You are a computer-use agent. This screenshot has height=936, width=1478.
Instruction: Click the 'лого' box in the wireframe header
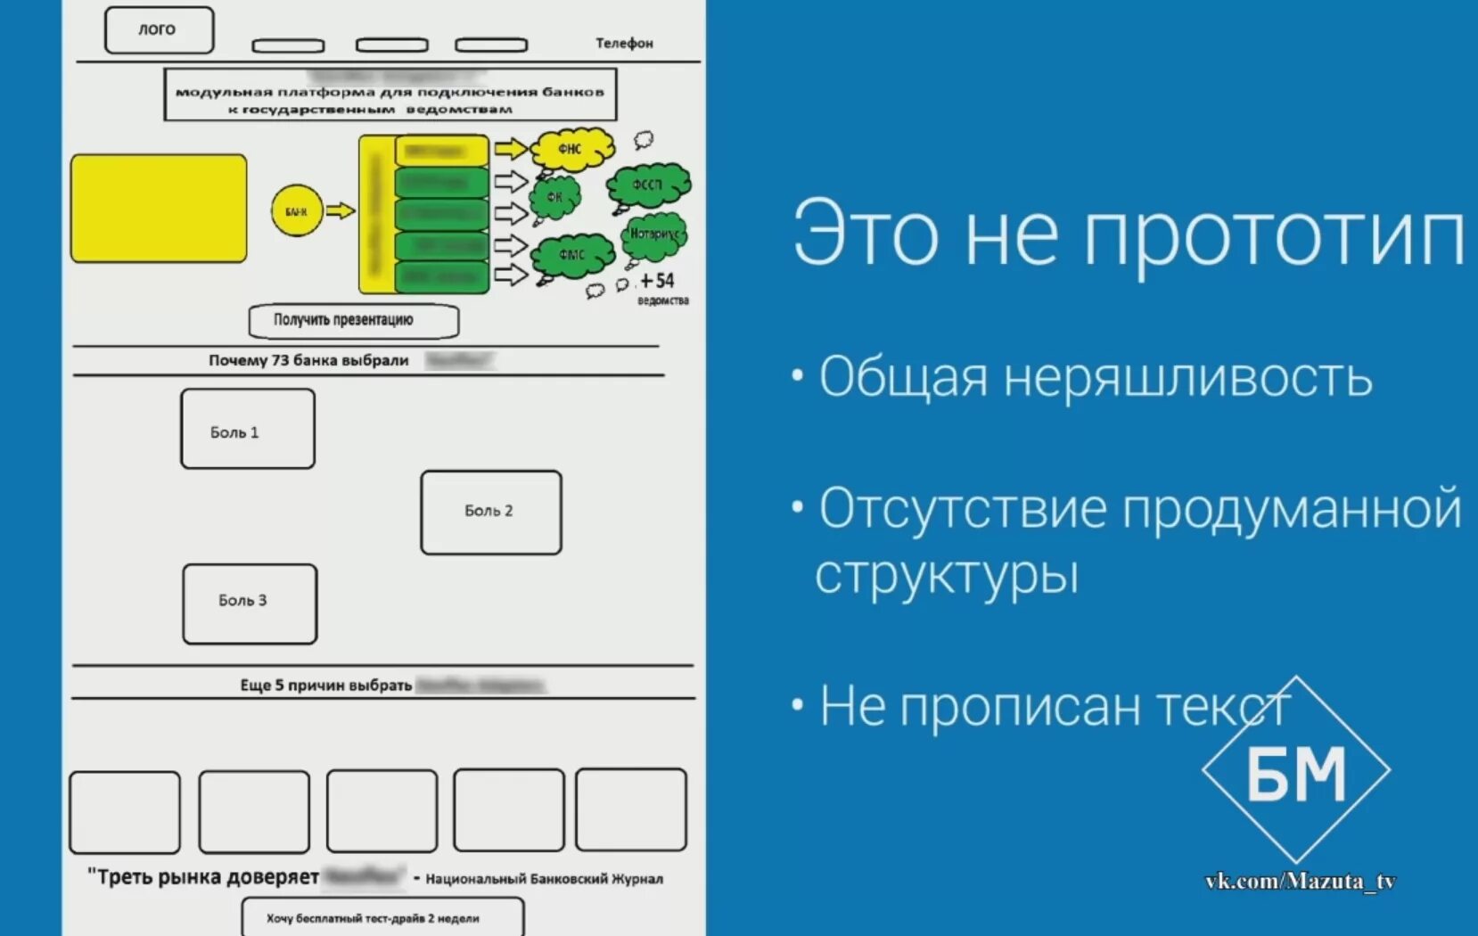(x=159, y=29)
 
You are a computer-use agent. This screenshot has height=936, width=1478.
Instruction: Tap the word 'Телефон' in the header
(x=624, y=43)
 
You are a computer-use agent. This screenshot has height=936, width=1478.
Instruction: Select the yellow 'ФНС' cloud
(x=572, y=149)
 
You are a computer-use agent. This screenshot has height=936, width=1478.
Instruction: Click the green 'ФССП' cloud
(x=648, y=185)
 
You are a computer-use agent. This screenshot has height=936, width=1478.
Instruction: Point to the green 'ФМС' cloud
(x=571, y=255)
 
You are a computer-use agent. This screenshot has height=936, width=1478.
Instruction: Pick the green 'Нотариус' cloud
(x=655, y=234)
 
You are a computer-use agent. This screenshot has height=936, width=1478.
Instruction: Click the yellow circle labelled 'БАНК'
(x=296, y=211)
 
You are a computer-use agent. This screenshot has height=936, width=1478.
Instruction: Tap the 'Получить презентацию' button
(x=353, y=321)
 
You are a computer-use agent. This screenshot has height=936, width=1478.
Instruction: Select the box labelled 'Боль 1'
(x=247, y=429)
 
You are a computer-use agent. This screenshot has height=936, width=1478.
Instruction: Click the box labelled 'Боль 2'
(x=490, y=512)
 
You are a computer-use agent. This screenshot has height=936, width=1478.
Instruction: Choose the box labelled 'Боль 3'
(x=250, y=603)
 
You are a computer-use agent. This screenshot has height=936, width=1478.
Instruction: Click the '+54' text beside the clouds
(x=657, y=281)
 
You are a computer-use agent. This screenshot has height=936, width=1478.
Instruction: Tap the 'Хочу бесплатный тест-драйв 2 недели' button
(x=382, y=917)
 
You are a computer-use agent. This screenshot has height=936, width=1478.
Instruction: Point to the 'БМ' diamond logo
(x=1295, y=770)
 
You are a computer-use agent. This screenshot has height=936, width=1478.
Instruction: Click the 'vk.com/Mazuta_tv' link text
(x=1300, y=882)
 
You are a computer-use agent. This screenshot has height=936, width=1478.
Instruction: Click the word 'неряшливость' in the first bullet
(x=1187, y=377)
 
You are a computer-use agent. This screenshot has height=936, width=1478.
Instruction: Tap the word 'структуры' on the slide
(x=947, y=575)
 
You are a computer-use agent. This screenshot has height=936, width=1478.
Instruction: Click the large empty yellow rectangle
(x=159, y=209)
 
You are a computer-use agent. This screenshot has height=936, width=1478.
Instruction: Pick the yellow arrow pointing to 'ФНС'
(x=511, y=149)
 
